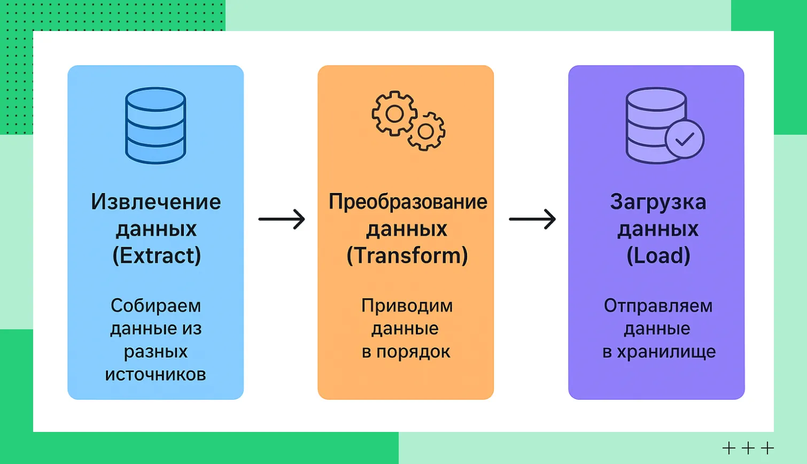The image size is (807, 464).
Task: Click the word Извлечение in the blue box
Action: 156,202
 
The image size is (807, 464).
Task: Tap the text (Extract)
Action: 157,256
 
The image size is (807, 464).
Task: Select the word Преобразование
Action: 408,202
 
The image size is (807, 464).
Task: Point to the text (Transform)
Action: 407,256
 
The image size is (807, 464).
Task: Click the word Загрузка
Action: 658,202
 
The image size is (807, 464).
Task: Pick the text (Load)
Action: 658,256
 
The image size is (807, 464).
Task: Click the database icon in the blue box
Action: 156,125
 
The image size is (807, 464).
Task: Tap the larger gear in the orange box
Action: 394,113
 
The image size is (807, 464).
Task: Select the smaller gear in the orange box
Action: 426,131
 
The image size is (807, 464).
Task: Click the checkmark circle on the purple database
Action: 685,139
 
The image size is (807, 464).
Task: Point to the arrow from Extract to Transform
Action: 282,219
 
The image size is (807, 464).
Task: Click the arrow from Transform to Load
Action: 532,219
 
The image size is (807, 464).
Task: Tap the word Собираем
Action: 156,306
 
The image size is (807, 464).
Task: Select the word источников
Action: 156,374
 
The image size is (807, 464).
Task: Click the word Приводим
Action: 407,306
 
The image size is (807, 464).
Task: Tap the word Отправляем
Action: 658,306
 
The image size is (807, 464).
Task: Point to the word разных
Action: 156,352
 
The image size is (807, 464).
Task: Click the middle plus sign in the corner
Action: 748,447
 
